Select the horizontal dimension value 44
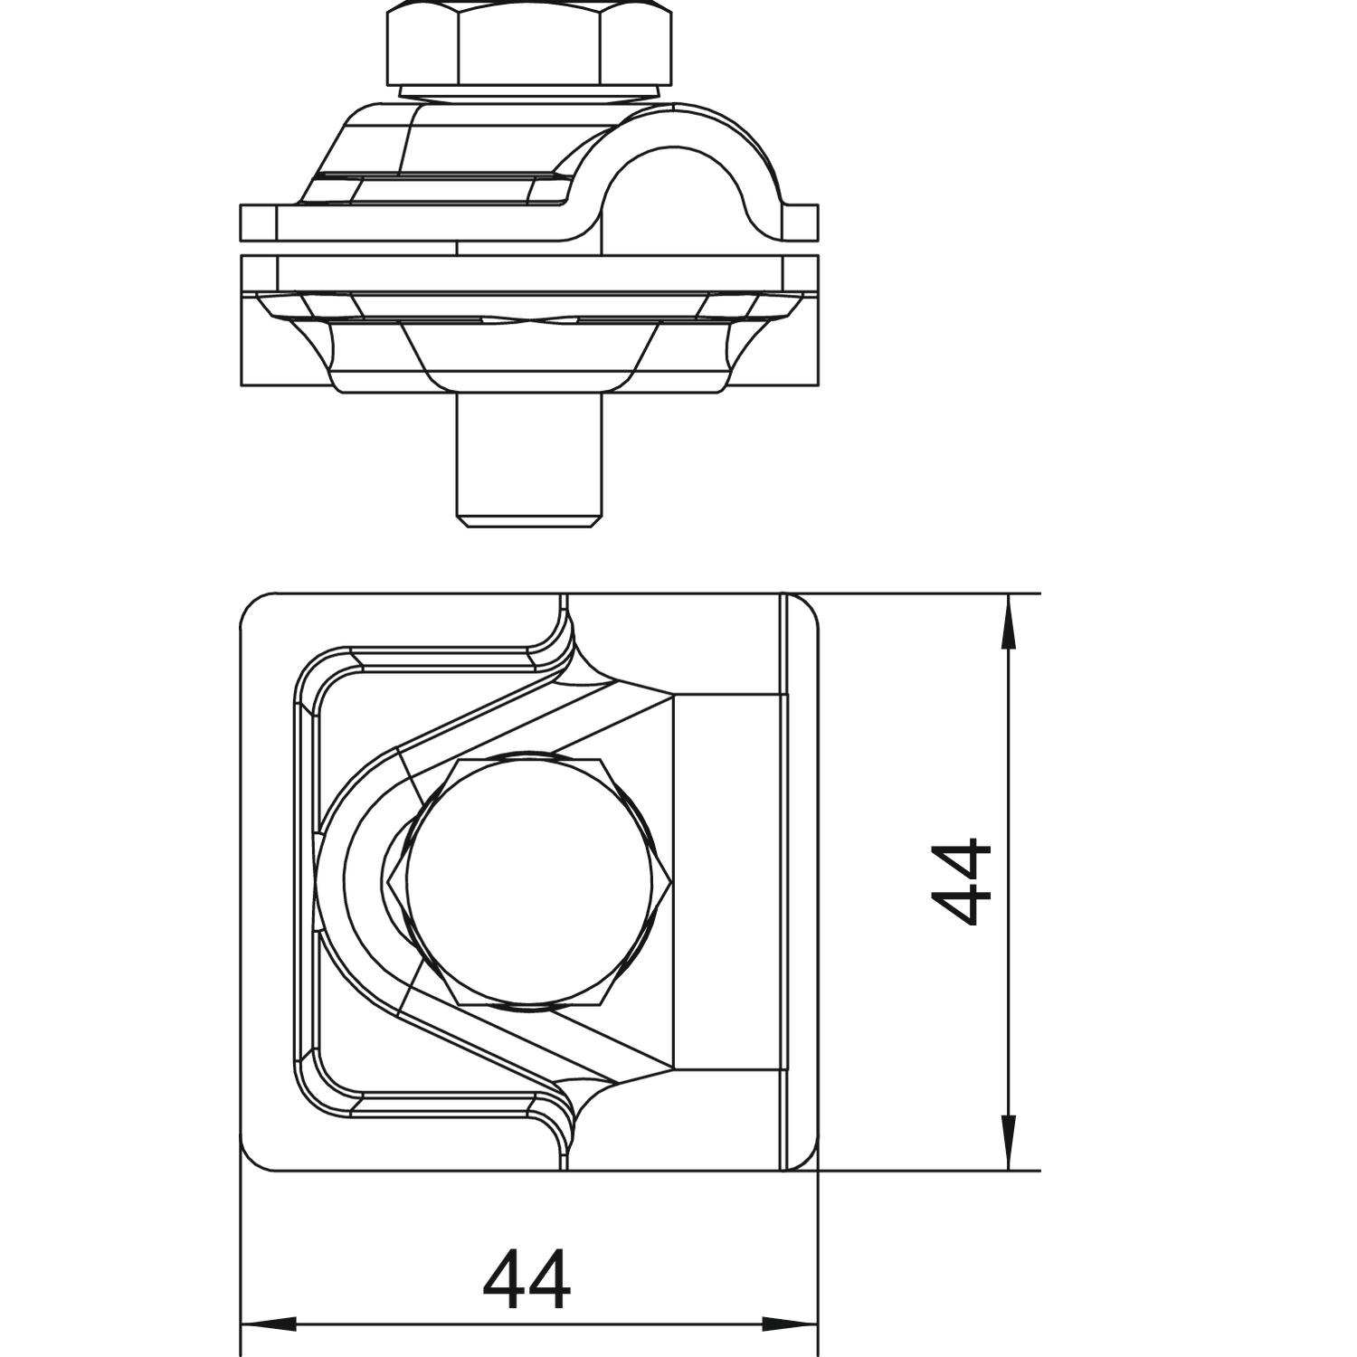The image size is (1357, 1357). pos(527,1280)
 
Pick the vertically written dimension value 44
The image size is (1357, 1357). pos(962,882)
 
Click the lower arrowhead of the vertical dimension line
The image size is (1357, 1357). pos(1008,1142)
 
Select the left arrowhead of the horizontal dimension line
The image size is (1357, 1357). pos(270,1324)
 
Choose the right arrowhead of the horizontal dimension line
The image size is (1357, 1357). pos(789,1324)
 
